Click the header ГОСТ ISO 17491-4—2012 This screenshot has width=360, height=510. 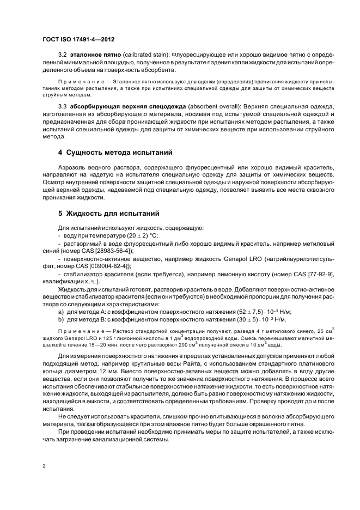(76, 40)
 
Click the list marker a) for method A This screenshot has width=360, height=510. (61, 311)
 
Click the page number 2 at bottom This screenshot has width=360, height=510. (44, 466)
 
